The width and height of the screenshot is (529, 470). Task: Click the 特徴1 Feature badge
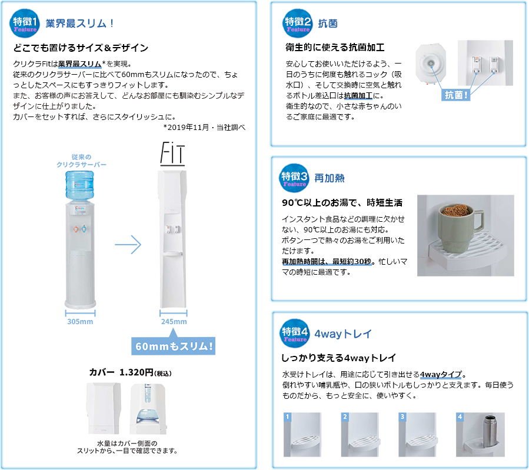[24, 24]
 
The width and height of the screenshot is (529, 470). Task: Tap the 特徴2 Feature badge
[297, 24]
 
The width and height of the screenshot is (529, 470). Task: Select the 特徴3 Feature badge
[294, 178]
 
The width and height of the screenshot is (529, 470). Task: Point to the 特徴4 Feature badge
[295, 333]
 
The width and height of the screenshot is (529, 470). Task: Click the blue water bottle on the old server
[79, 186]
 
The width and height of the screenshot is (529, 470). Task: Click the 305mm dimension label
[80, 322]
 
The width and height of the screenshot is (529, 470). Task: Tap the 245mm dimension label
[174, 322]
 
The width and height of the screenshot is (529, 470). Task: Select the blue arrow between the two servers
[128, 245]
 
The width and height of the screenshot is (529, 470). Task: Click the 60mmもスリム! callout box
[174, 346]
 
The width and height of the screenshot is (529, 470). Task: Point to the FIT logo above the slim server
[172, 154]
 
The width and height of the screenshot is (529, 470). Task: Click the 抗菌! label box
[456, 95]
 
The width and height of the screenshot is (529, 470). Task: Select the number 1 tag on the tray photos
[287, 416]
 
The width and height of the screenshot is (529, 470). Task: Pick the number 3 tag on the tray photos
[402, 416]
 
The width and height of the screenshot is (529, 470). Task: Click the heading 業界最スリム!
[79, 24]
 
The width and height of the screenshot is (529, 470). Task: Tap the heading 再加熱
[330, 178]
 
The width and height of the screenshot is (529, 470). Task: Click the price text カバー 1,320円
[130, 372]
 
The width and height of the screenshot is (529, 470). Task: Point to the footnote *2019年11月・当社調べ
[204, 128]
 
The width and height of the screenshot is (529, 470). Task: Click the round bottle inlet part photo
[431, 63]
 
